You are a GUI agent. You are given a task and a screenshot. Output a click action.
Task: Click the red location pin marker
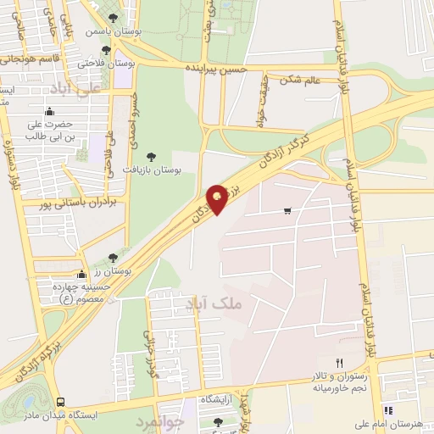(x=218, y=198)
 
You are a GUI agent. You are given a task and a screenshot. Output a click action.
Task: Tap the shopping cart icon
(x=288, y=210)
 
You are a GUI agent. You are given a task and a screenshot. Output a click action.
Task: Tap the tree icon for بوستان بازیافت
(x=151, y=155)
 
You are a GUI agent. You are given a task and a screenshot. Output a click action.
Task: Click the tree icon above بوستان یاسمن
(x=114, y=17)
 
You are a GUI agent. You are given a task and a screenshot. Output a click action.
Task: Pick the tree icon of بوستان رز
(x=114, y=257)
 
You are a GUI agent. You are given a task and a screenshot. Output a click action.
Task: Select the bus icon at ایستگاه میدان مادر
(x=59, y=402)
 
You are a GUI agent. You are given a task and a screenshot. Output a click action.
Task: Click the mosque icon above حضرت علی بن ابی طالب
(x=50, y=111)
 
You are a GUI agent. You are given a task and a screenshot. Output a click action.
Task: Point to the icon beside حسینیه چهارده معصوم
(x=81, y=274)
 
